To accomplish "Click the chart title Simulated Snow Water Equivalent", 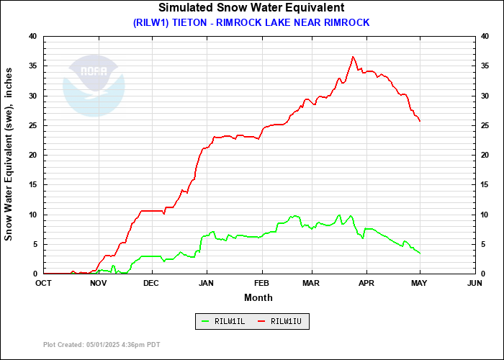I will click(251, 8).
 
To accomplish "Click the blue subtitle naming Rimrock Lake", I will click(251, 22).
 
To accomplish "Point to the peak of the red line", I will click(353, 57).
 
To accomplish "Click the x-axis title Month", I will click(258, 297).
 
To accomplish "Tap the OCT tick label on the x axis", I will click(44, 284).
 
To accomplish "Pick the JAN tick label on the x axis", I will click(207, 284).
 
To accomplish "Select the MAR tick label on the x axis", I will click(312, 284).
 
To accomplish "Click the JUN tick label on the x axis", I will click(474, 284).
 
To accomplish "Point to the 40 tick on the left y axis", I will click(33, 36).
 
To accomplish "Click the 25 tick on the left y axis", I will click(33, 125).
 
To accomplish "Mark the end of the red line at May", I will click(420, 121).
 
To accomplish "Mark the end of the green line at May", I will click(420, 253).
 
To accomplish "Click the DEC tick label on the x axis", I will click(151, 284).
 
